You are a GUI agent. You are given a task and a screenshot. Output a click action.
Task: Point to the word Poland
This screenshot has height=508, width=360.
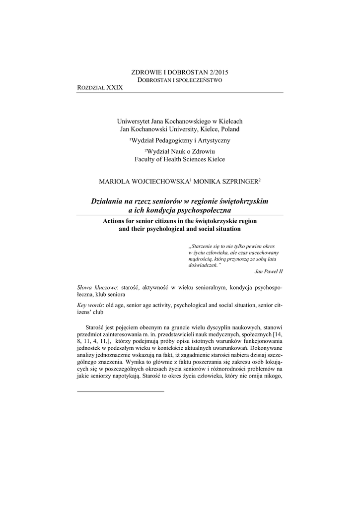230,129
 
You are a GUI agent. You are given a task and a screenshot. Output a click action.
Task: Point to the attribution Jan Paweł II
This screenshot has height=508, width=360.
268,271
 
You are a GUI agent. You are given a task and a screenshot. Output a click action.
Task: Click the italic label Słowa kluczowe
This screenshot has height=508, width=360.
97,287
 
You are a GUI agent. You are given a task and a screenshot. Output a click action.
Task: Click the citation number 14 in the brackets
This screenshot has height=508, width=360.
278,335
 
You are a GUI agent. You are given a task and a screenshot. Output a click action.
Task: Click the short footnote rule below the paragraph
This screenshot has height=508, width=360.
121,392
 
